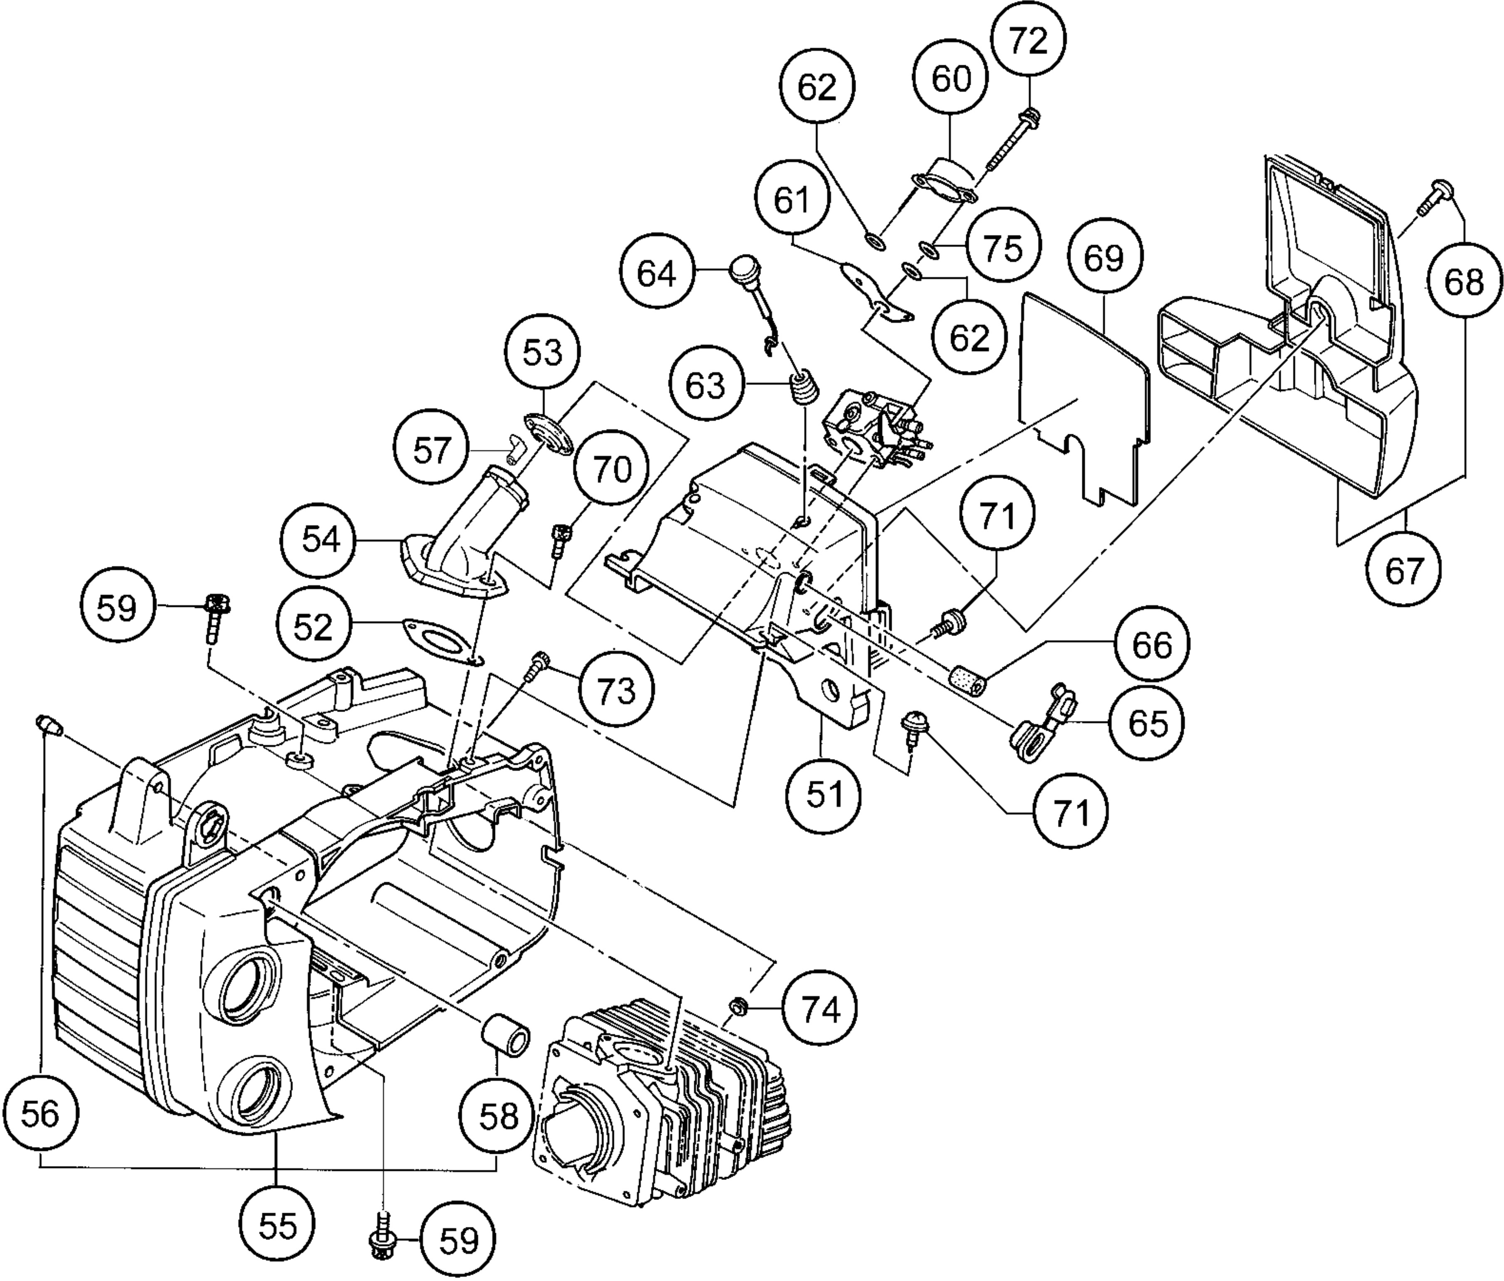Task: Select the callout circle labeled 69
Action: [1104, 257]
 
